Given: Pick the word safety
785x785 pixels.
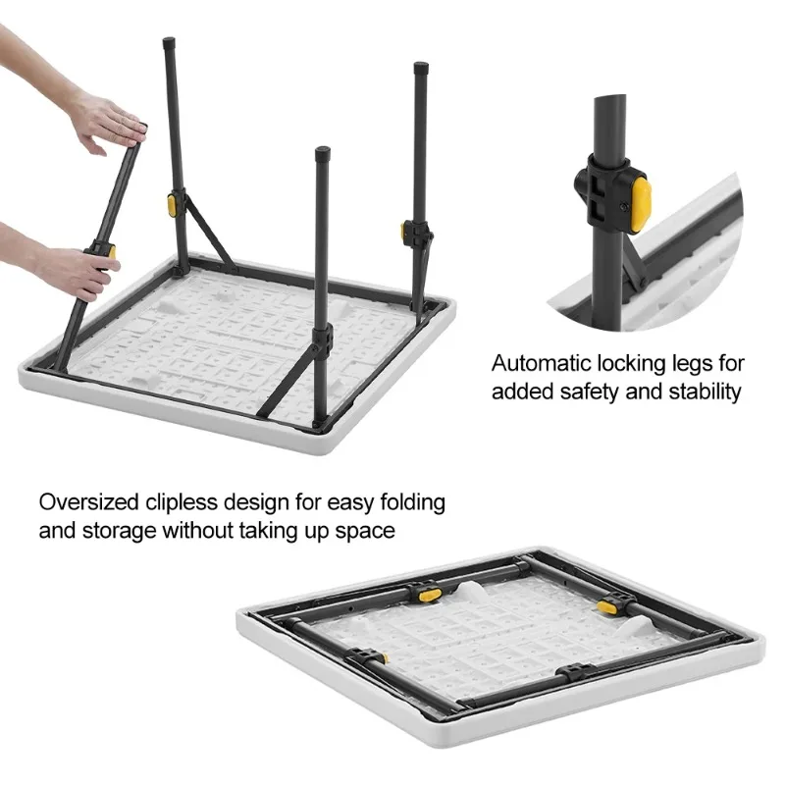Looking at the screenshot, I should pos(582,392).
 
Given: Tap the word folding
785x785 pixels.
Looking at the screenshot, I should pos(407,503).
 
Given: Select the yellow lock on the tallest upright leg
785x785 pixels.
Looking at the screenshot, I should pos(171,205).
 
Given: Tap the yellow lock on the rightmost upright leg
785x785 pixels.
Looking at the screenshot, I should pos(404,232).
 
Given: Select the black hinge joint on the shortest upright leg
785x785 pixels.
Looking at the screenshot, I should pos(322,340).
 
